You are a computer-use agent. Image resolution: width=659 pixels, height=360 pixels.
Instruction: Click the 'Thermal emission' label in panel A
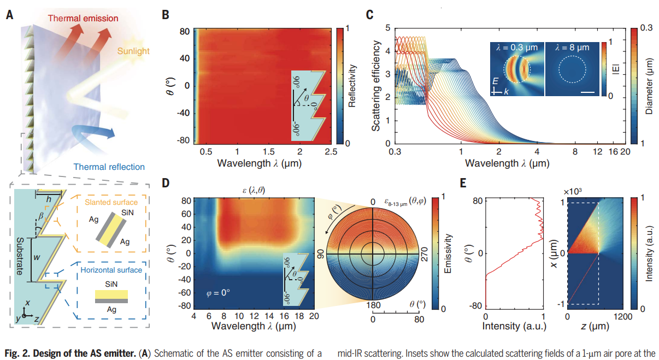(83, 19)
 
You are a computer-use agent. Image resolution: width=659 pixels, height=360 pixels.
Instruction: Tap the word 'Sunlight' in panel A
(133, 52)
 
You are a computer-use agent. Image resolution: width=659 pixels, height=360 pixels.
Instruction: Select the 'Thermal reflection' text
(109, 167)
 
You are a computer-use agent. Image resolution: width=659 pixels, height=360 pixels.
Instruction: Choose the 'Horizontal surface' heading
(112, 269)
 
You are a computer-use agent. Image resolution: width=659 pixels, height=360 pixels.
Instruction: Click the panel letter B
(166, 15)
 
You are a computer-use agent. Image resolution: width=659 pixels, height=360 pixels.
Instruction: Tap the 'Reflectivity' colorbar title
(353, 86)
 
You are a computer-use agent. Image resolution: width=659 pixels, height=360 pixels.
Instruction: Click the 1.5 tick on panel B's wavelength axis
(268, 150)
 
